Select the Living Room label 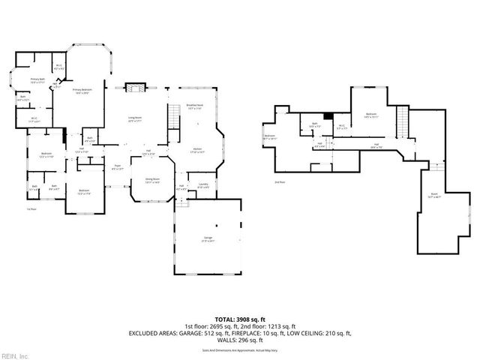pos(136,119)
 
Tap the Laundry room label pos(202,185)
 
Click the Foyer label pos(118,167)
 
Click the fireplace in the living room pos(134,88)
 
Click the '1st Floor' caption pos(31,209)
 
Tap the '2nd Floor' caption pos(280,181)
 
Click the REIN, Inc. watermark pos(15,355)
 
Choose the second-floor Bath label pos(315,124)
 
